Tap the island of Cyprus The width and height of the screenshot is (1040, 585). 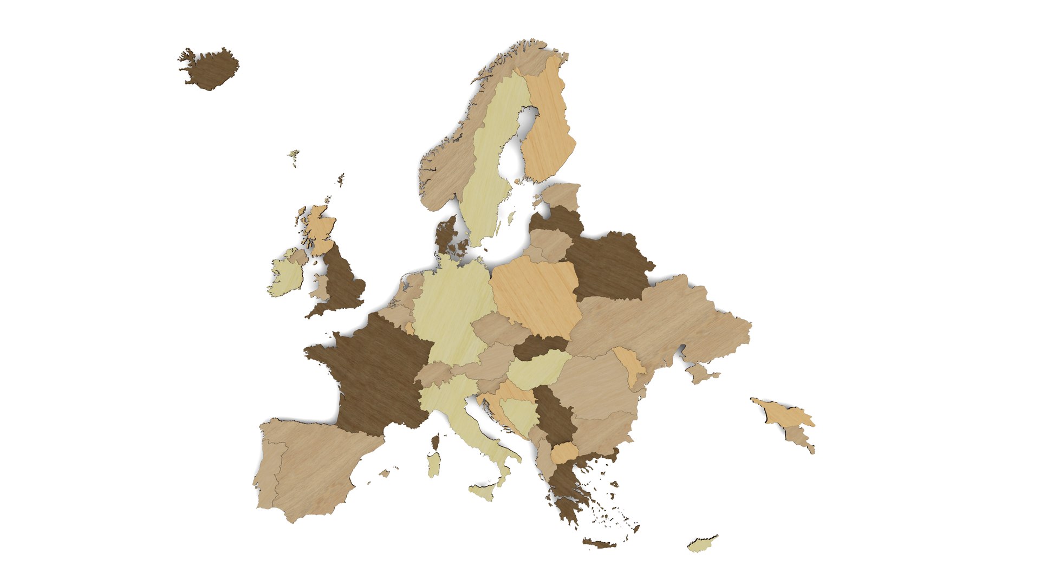(702, 544)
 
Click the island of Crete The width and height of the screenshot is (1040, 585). (599, 543)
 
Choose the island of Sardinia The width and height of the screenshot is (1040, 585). (434, 465)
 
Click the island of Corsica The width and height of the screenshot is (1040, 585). (435, 441)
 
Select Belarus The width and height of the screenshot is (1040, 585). (609, 265)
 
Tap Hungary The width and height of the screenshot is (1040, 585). (538, 368)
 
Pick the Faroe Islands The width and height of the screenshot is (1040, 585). (294, 157)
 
